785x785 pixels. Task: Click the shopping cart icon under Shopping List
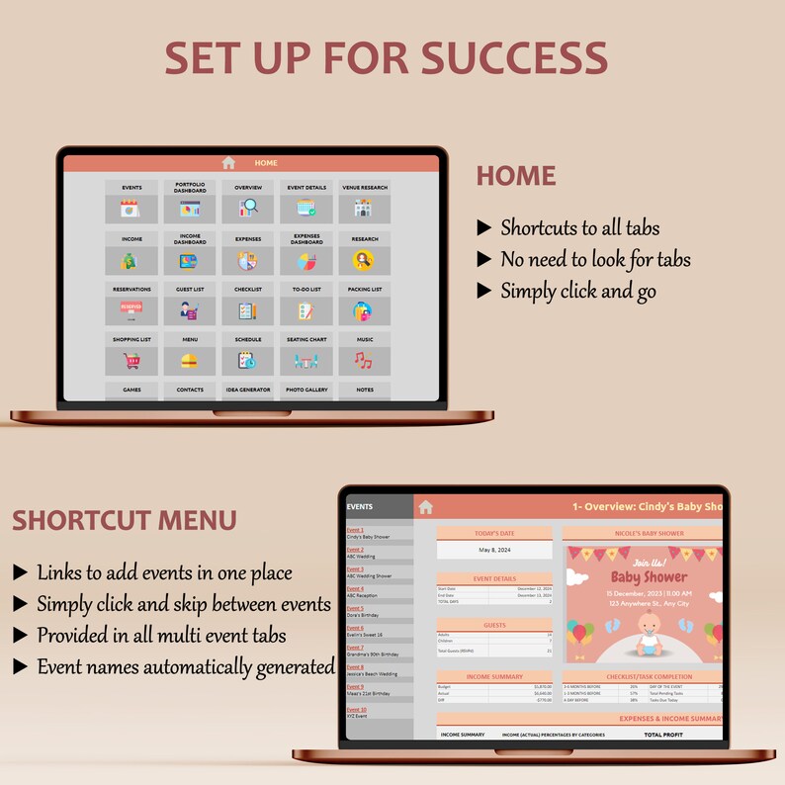coord(131,361)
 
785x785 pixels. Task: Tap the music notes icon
coord(364,361)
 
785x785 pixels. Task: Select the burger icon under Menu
coord(190,361)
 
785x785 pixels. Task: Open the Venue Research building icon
coord(364,209)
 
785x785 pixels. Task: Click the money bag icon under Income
coord(131,261)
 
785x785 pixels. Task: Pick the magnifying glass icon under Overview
coord(248,209)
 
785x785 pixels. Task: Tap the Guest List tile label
coord(190,289)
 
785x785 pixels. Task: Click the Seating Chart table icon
coord(305,362)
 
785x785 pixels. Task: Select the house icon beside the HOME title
coord(228,163)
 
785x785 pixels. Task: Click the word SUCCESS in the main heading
coord(514,57)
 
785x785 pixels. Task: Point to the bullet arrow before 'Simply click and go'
coord(483,291)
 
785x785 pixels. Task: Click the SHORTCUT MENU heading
coord(125,520)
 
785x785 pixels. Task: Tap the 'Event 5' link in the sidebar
coord(355,608)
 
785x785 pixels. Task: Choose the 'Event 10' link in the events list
coord(357,709)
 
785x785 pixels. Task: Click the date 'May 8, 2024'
coord(494,551)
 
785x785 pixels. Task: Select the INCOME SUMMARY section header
coord(494,677)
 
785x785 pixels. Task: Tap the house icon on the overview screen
coord(426,507)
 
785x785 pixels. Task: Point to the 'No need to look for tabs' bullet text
coord(595,260)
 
